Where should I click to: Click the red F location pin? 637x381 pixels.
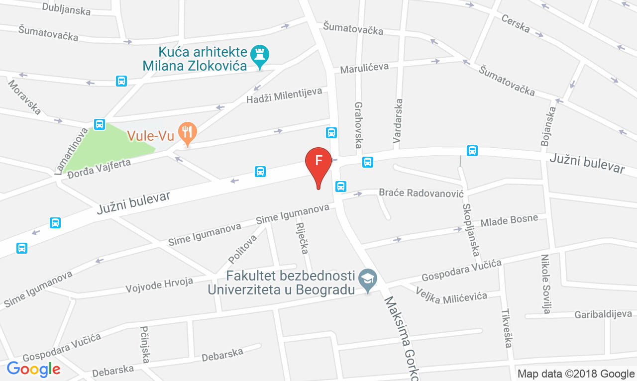[318, 162]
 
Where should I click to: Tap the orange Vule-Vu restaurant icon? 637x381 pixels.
[187, 133]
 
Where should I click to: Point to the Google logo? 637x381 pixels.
[33, 369]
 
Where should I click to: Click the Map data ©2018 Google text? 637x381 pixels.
[576, 373]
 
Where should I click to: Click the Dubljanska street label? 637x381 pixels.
[66, 8]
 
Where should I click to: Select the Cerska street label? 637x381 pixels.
[516, 23]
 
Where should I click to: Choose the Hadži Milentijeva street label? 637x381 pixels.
[284, 95]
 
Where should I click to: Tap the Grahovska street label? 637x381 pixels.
[358, 125]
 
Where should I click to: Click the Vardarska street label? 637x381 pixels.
[398, 121]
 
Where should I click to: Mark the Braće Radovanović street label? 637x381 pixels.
[421, 192]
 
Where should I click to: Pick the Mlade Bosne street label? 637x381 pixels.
[510, 221]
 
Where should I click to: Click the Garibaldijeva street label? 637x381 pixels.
[603, 314]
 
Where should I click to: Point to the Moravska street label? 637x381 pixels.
[24, 96]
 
